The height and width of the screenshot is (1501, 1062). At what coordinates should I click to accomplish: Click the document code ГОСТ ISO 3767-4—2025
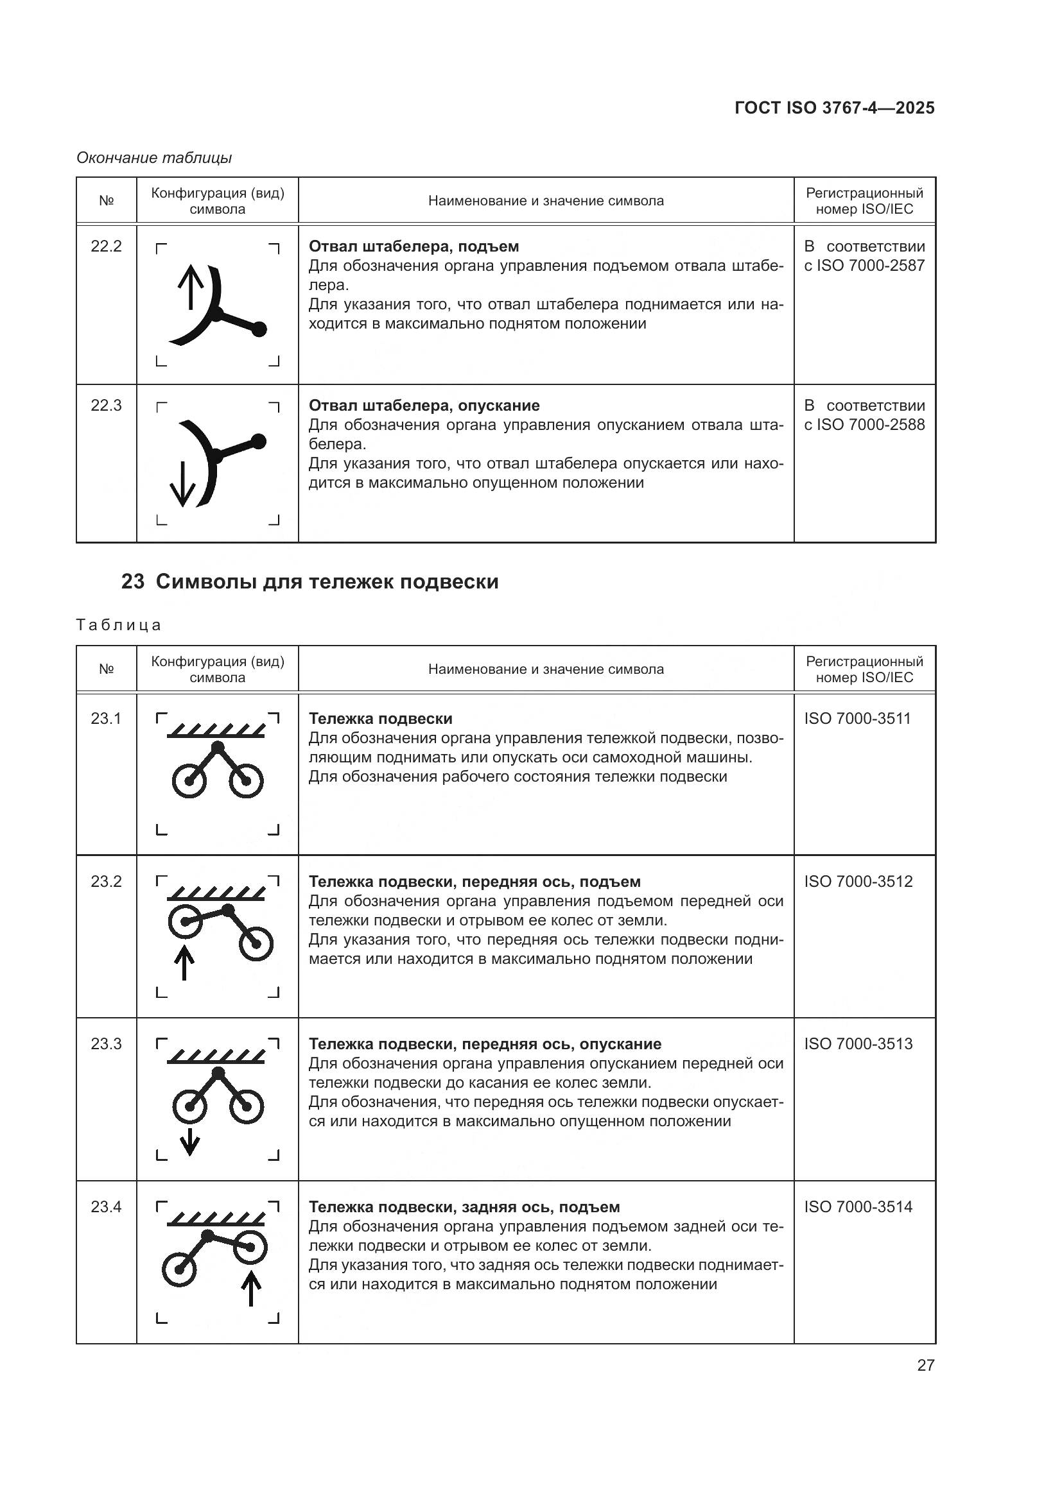(x=835, y=108)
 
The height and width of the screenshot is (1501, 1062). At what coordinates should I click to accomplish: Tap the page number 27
(x=925, y=1365)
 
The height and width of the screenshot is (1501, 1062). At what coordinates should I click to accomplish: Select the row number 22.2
(x=106, y=246)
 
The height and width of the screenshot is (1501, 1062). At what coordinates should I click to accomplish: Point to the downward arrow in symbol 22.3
(x=182, y=485)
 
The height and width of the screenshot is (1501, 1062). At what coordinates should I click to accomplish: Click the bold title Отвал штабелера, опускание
(x=424, y=406)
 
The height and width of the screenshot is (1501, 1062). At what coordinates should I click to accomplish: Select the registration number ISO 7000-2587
(x=864, y=266)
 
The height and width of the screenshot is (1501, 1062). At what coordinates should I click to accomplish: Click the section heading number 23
(x=132, y=582)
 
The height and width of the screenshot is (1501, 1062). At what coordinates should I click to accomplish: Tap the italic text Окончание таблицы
(x=154, y=158)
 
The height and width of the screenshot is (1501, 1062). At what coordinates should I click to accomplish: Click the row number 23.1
(x=106, y=719)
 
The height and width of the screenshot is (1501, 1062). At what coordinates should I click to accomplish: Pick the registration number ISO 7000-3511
(x=857, y=719)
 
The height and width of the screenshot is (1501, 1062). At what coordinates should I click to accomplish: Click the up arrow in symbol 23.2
(x=184, y=964)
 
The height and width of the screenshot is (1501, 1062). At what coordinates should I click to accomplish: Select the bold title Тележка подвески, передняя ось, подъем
(x=474, y=881)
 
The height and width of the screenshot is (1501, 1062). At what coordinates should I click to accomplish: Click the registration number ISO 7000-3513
(x=858, y=1044)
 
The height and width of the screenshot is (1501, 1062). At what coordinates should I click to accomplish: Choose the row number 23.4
(x=106, y=1207)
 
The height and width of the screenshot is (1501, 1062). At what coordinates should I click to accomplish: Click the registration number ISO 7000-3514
(x=858, y=1207)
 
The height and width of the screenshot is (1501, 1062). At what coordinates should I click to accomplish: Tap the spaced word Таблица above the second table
(x=118, y=625)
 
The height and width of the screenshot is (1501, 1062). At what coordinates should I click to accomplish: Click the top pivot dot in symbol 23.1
(x=218, y=746)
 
